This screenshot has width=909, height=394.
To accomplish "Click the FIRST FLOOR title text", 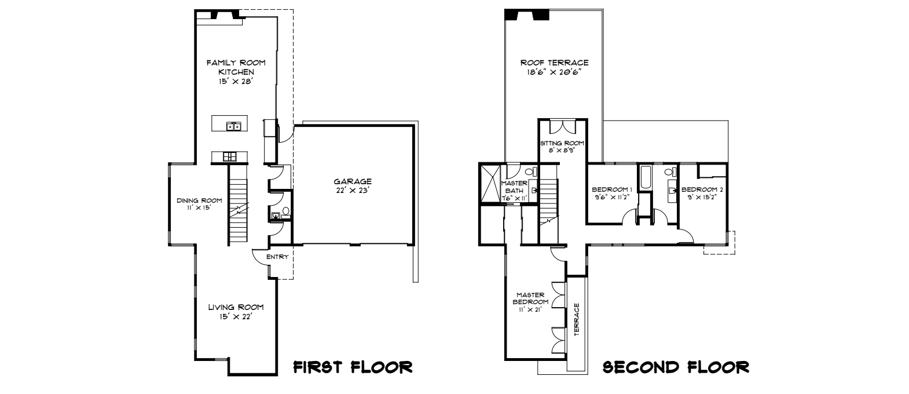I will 353,367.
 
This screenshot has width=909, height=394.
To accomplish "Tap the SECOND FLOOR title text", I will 676,367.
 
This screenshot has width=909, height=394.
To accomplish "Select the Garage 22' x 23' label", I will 352,185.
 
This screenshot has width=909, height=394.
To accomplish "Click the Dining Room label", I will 195,204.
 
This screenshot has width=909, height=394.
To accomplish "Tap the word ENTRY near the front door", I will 277,257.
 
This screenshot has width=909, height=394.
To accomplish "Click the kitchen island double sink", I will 234,125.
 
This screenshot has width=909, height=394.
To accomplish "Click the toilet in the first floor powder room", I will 285,213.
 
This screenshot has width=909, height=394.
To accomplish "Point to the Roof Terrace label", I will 554,67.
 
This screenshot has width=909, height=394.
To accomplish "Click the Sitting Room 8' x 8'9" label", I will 562,147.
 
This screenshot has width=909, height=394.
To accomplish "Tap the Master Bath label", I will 514,190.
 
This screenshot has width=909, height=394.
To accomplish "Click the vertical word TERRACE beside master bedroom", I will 577,319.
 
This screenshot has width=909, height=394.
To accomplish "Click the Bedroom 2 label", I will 702,193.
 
